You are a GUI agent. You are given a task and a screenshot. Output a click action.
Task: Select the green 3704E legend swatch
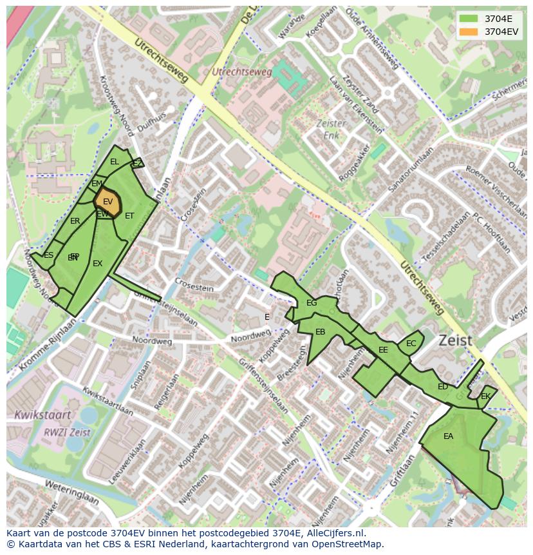[x=469, y=19]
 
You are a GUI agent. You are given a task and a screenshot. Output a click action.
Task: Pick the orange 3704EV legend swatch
[x=469, y=32]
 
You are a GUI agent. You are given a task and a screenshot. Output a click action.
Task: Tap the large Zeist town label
[x=456, y=340]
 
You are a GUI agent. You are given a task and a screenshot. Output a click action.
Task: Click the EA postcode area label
[x=448, y=436]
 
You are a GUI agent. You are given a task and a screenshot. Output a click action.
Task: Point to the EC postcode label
[x=411, y=344]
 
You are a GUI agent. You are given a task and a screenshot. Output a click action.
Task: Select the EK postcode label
[x=485, y=396]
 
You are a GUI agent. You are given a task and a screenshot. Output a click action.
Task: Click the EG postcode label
[x=312, y=303]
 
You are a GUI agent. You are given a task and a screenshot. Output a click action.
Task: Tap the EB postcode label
[x=320, y=332]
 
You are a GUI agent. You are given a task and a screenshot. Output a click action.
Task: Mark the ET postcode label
[x=129, y=216]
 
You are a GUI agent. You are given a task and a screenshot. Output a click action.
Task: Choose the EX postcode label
[x=97, y=264]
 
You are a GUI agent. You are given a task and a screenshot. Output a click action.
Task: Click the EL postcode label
[x=115, y=162]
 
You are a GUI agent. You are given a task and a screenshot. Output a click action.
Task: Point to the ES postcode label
[x=48, y=255]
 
